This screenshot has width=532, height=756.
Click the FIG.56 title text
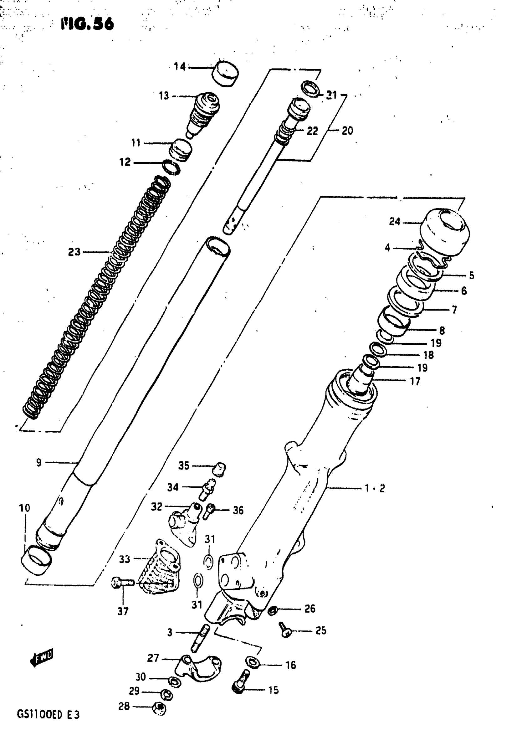[x=87, y=24]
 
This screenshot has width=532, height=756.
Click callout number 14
[x=180, y=67]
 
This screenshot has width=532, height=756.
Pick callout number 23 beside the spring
[x=74, y=252]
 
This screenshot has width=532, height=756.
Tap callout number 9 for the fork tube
[x=39, y=463]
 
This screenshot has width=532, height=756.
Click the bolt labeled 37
[x=122, y=583]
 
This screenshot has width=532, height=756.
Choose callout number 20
[x=347, y=131]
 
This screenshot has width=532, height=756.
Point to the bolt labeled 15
[x=241, y=685]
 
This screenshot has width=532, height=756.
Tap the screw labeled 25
[x=285, y=630]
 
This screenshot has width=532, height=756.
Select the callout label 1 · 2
[x=375, y=488]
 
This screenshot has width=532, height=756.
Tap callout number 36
[x=238, y=511]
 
